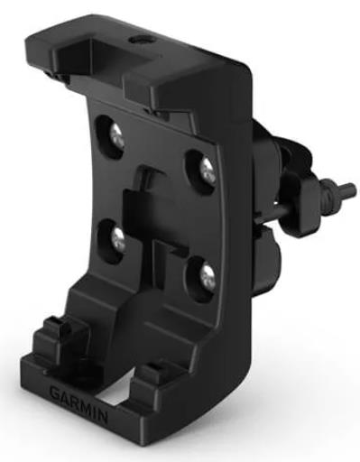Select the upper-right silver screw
(x=208, y=171)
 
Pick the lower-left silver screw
(x=118, y=240)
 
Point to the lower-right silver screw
(x=208, y=274)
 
